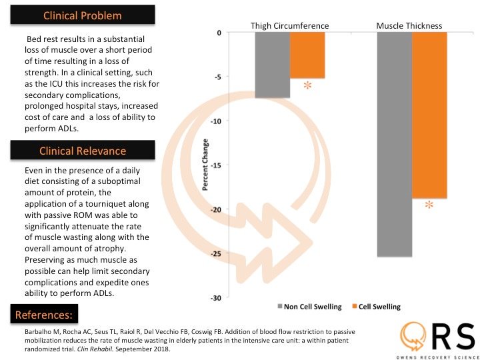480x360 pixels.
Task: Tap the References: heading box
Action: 45,313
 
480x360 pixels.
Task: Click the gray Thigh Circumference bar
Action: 272,65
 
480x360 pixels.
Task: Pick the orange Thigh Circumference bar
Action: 307,55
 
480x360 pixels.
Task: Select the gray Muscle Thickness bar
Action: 395,144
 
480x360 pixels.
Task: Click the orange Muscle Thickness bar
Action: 429,115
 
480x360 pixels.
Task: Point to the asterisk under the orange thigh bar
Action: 307,86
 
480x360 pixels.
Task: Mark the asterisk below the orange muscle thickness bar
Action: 429,206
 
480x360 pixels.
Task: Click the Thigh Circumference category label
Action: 289,26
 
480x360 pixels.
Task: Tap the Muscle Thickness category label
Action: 409,26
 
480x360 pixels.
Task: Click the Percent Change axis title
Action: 206,165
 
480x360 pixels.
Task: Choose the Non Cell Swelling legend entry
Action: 309,307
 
